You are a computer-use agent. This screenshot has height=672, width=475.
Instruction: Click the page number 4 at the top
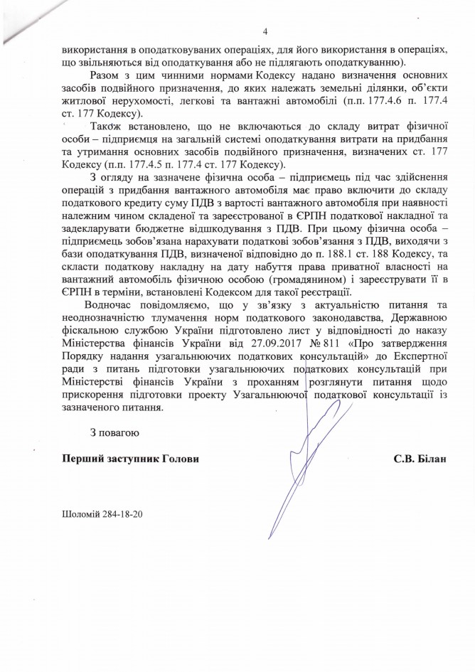coord(265,31)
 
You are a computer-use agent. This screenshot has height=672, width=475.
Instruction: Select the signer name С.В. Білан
coord(421,459)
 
